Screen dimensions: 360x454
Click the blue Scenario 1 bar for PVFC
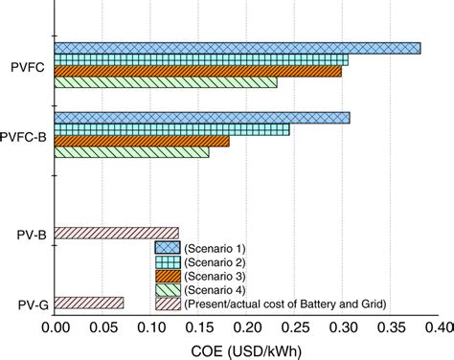[237, 48]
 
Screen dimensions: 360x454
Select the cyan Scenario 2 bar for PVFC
[201, 59]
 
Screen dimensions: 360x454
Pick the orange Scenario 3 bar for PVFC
[197, 71]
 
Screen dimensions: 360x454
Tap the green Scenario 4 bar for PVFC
[166, 82]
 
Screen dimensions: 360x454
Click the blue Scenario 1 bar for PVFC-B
[202, 118]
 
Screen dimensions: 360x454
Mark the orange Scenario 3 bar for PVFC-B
[142, 141]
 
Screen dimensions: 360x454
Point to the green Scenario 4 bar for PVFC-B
[131, 152]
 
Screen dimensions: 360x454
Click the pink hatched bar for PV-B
[116, 233]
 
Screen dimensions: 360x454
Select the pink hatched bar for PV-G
[88, 304]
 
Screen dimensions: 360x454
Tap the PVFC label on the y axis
[28, 65]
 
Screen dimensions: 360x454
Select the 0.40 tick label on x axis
[436, 327]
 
